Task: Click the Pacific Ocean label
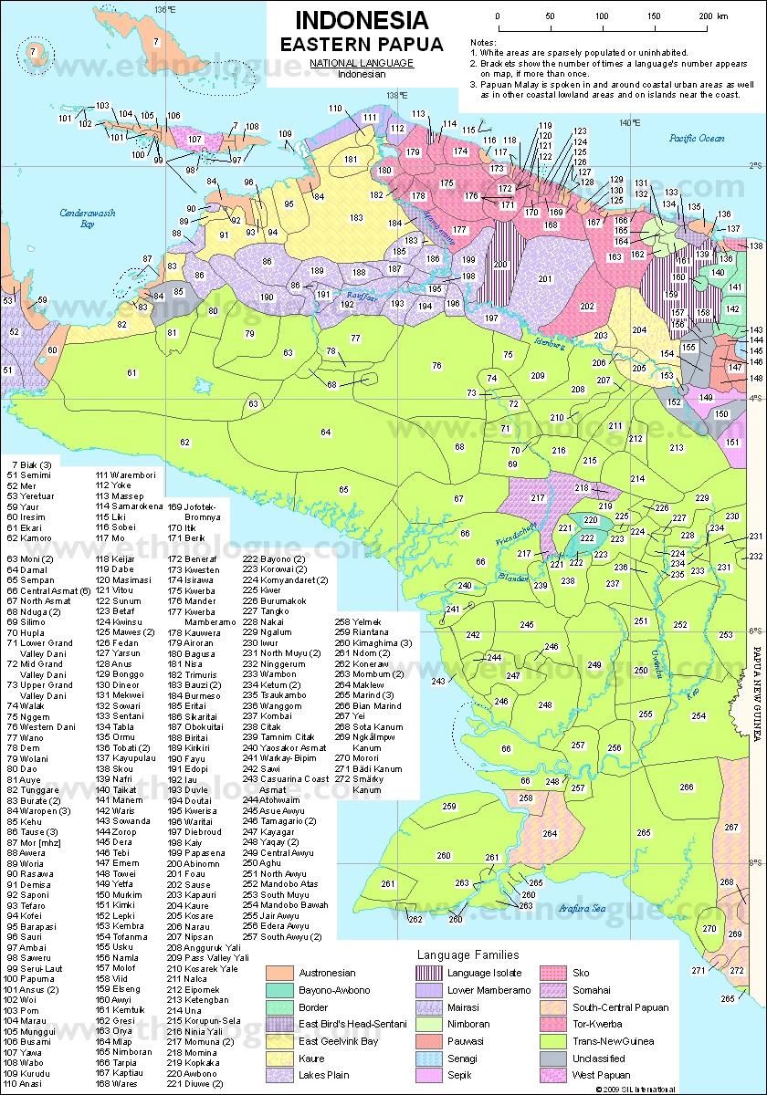click(696, 138)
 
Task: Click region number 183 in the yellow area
click(356, 217)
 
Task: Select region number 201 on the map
click(545, 278)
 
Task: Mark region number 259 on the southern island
click(448, 807)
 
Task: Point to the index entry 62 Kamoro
click(29, 538)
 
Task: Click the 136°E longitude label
click(165, 8)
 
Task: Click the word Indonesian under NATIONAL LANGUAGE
click(361, 75)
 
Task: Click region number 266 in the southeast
click(687, 787)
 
